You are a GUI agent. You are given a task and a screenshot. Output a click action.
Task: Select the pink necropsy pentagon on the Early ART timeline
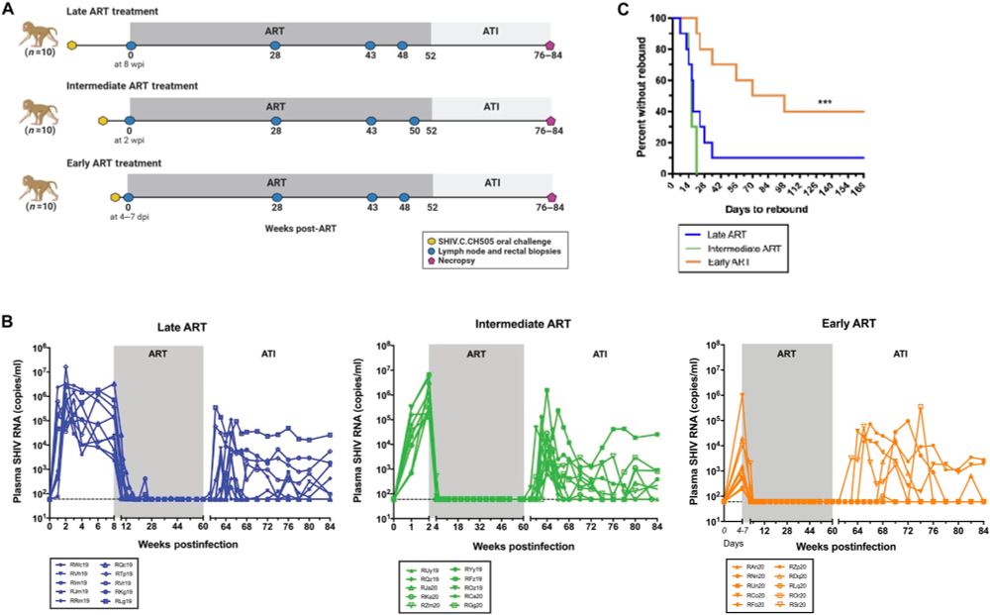(550, 196)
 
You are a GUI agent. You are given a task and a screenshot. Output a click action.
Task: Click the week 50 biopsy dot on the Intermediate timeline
(415, 120)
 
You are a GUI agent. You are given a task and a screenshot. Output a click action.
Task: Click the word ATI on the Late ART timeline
(490, 30)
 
